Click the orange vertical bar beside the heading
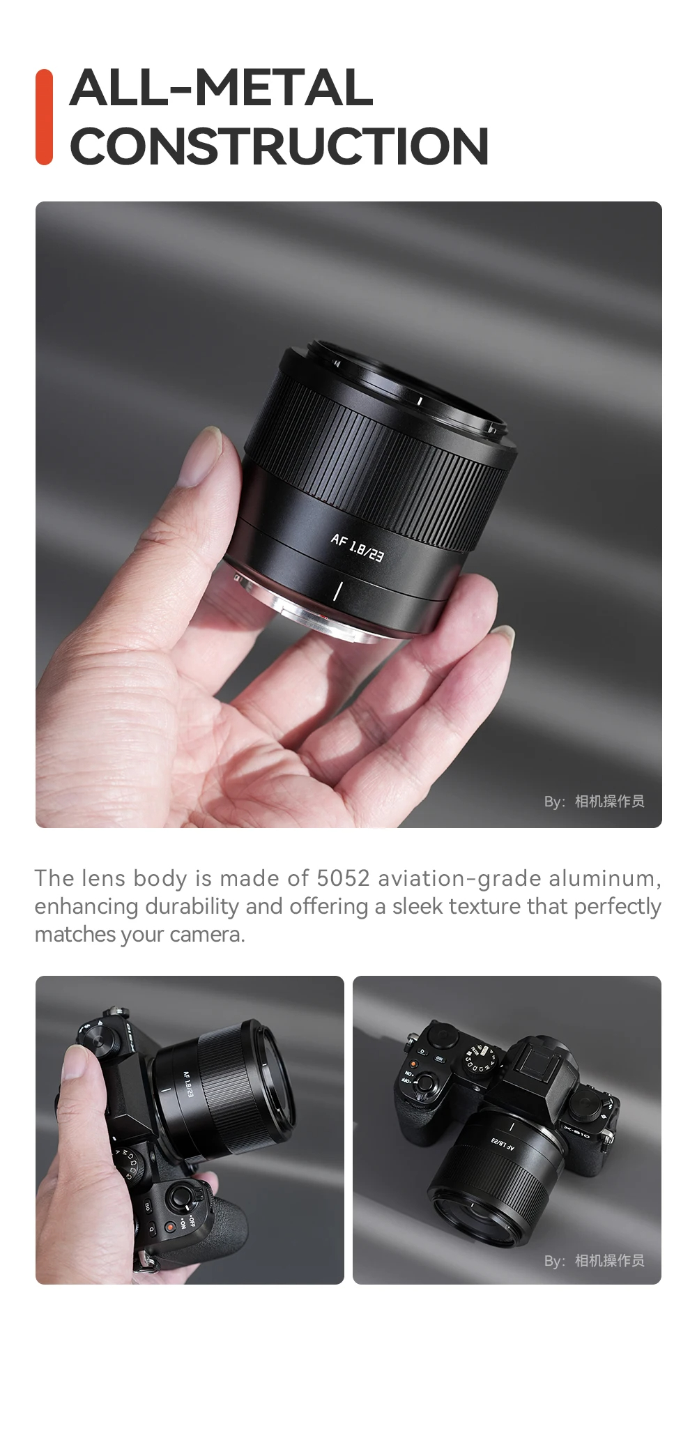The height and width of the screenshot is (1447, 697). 44,117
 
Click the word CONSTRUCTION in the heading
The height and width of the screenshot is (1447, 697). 279,146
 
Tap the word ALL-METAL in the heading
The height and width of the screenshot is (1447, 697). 222,88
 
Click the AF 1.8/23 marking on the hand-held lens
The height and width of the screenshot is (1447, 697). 357,547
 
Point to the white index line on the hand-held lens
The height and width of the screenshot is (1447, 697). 337,590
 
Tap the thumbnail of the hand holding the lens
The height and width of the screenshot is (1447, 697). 348,514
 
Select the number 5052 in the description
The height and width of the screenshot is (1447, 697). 343,878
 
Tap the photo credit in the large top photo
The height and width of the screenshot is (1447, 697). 594,802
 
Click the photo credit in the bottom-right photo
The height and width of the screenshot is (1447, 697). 594,1260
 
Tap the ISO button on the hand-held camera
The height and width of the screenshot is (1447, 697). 148,1205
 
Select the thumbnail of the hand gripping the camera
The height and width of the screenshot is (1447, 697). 190,1130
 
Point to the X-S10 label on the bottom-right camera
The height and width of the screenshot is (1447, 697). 576,1131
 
